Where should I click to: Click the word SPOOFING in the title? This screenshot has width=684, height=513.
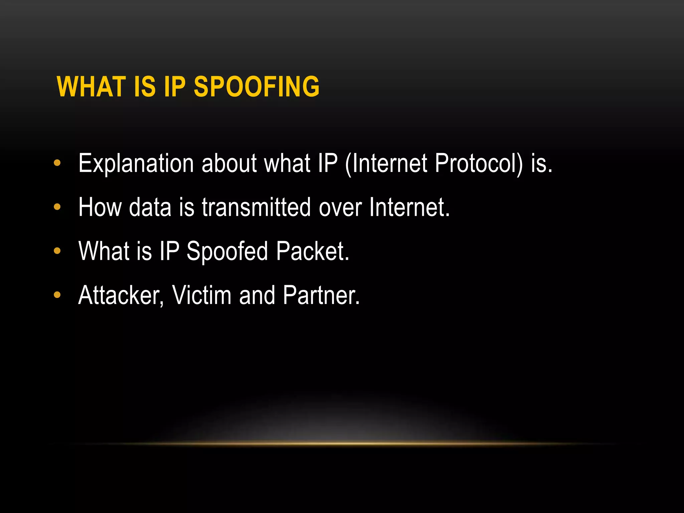256,87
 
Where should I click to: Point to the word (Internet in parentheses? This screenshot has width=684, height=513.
386,164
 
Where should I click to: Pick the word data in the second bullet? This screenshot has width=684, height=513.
150,207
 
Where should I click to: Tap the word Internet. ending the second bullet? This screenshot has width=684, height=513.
409,207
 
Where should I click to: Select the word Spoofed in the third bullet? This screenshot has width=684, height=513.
227,251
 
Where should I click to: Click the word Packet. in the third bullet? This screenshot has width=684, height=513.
313,251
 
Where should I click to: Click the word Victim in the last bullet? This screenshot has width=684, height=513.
202,295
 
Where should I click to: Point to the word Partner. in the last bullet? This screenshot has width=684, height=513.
321,295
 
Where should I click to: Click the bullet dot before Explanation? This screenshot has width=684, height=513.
57,163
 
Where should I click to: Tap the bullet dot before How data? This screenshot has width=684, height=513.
57,207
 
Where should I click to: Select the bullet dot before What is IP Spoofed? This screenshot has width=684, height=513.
57,251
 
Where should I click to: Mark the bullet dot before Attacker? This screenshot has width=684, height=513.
57,295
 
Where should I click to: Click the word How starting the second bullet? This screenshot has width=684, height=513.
100,207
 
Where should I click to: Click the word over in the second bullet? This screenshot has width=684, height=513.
340,207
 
